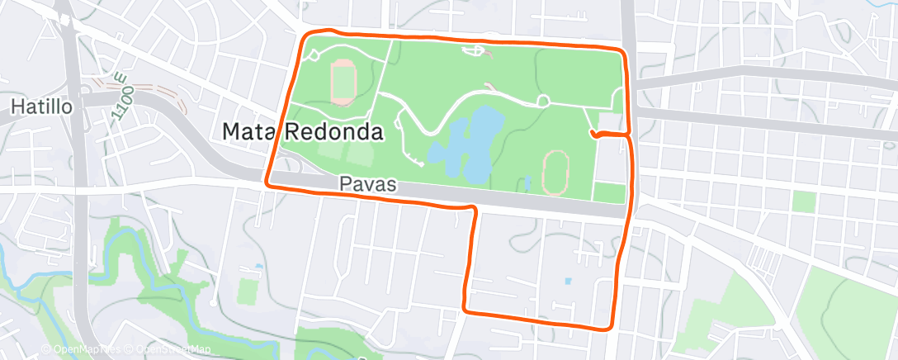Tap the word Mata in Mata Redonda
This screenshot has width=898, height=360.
coord(253,131)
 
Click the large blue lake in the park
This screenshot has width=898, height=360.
coord(466,140)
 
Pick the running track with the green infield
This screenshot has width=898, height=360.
coord(343,81)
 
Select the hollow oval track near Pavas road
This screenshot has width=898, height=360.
coord(555,172)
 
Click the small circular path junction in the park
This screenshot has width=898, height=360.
coord(543,101)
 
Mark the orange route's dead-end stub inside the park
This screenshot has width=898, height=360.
coord(593,134)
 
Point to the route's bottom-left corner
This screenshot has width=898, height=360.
coord(466,310)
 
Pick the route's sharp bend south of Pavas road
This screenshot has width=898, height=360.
coord(475,210)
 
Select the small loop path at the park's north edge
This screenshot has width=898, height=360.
coord(475,52)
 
